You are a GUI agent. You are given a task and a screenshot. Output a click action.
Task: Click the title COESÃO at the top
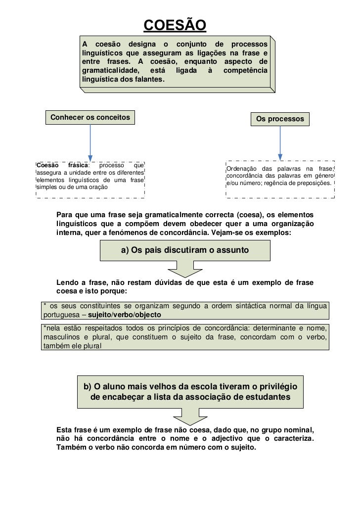tap(175, 24)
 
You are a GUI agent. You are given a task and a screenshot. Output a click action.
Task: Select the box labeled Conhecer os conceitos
tap(90, 117)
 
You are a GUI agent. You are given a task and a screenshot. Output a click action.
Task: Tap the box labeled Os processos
tap(280, 119)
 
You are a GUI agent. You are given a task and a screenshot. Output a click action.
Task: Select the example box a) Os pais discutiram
tap(185, 251)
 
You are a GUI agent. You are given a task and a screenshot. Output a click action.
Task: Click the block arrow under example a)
tap(185, 269)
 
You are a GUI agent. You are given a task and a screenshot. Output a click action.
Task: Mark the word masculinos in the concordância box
tap(61, 337)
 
